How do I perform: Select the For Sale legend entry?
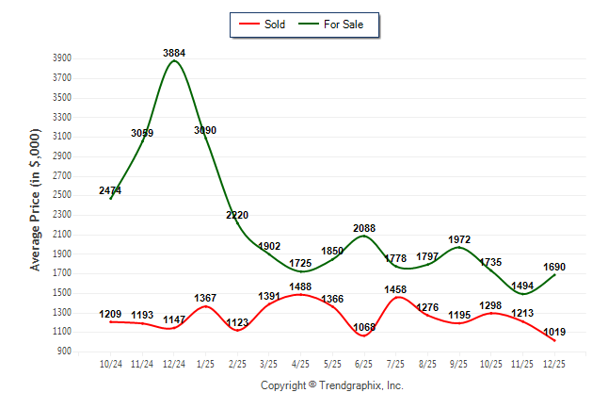[336, 25]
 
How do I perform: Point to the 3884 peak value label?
[174, 53]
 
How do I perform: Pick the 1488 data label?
[300, 287]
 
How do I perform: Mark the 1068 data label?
[363, 328]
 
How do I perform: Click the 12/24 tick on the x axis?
[174, 362]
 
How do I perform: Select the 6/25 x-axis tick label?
[363, 362]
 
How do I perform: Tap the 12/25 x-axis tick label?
[553, 362]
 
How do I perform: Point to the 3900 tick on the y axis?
[63, 57]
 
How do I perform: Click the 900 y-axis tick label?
[66, 352]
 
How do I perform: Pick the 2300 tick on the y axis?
[63, 215]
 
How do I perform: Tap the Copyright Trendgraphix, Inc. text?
[331, 385]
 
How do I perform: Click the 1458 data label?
[395, 289]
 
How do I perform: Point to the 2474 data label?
[110, 191]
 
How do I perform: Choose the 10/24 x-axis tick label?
[110, 362]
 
